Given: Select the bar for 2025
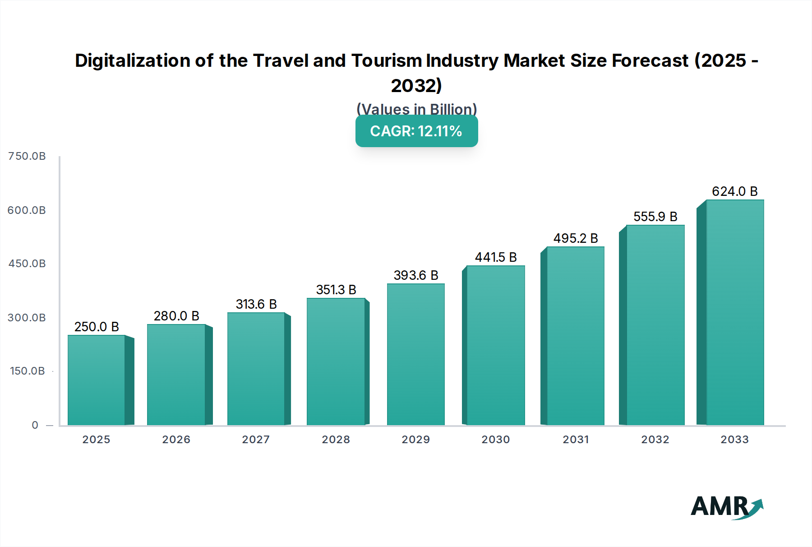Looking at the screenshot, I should tap(96, 380).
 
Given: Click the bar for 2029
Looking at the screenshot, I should tap(415, 354).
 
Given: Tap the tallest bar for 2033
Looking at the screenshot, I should tap(735, 312).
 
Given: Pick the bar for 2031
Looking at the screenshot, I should tap(575, 336).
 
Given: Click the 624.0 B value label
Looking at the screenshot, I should tap(734, 191).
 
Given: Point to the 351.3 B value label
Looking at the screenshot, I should tap(336, 290).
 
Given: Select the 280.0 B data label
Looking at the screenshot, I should tap(176, 316).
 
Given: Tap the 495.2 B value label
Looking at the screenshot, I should tap(576, 238).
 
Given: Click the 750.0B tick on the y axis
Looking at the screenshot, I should tap(27, 156).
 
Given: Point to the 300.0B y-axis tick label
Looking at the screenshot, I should tap(27, 318).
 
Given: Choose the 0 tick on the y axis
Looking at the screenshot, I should tap(35, 425).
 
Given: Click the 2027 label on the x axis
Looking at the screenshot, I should tap(256, 440).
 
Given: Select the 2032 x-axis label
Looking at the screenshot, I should tap(655, 440).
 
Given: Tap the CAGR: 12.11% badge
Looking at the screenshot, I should tap(416, 131).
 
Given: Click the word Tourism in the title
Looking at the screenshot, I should tap(388, 60).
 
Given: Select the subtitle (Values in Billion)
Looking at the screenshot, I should tap(416, 109).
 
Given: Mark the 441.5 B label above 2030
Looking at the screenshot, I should tap(496, 257).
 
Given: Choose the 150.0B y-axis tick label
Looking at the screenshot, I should tap(27, 371).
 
